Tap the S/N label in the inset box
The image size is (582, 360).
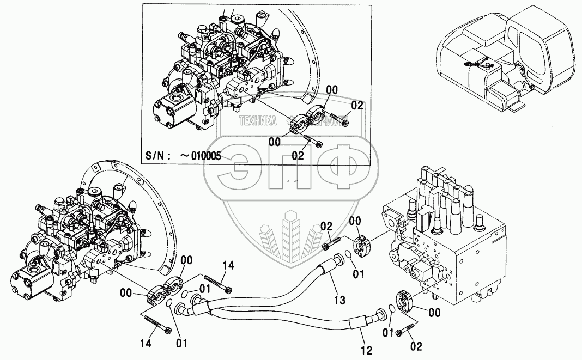pyautogui.click(x=157, y=156)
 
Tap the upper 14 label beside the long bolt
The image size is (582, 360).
pyautogui.click(x=228, y=265)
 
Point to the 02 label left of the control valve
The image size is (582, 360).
pyautogui.click(x=326, y=225)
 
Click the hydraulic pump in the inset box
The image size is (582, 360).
pyautogui.click(x=213, y=71)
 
